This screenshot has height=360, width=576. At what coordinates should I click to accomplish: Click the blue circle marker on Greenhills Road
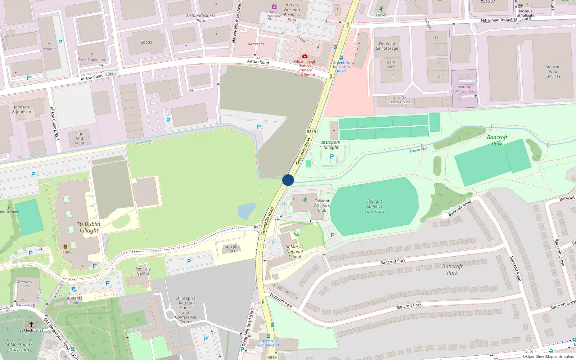[x=288, y=180]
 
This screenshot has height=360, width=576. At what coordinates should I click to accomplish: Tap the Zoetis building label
[x=146, y=42]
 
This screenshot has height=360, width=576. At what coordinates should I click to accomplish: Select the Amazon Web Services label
[x=553, y=71]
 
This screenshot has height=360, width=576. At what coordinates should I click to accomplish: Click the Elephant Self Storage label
[x=387, y=46]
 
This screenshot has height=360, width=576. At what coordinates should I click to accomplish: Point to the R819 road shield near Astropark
[x=311, y=132]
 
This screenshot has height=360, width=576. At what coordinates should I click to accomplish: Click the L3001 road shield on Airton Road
[x=111, y=74]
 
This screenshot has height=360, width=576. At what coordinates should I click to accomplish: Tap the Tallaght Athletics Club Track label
[x=374, y=206]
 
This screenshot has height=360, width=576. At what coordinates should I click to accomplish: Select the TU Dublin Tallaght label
[x=89, y=227]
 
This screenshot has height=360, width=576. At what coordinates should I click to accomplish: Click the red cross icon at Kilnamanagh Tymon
[x=305, y=56]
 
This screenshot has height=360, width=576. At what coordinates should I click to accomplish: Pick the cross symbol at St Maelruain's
[x=31, y=324]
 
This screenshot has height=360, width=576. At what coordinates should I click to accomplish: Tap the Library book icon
[x=65, y=247]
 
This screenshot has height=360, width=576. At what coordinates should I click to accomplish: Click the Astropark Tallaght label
[x=330, y=145]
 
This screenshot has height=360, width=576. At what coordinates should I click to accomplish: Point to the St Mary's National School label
[x=294, y=252]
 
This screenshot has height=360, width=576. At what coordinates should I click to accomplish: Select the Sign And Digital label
[x=79, y=138]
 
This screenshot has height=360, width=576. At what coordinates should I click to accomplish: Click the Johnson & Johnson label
[x=22, y=109]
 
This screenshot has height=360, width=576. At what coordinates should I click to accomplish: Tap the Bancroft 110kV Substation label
[x=464, y=89]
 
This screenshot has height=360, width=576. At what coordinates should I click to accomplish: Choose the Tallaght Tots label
[x=231, y=249]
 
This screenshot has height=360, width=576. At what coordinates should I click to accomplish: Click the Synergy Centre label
[x=143, y=271]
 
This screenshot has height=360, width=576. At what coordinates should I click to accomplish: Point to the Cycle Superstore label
[x=92, y=60]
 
